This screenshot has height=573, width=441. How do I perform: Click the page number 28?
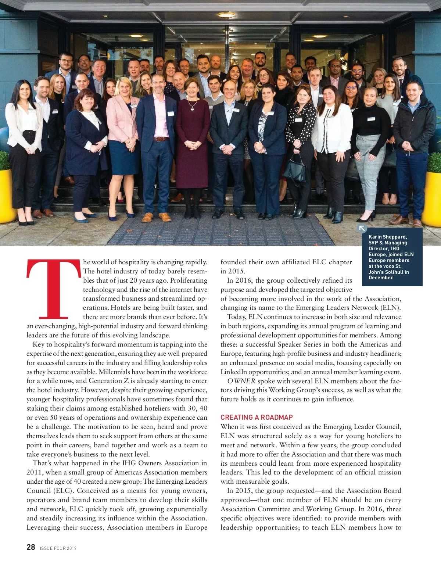click(x=31, y=547)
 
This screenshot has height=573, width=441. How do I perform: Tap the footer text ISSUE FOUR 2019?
click(x=58, y=548)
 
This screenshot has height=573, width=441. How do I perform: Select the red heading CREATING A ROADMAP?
click(x=257, y=417)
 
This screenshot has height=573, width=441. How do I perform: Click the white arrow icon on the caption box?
click(x=362, y=228)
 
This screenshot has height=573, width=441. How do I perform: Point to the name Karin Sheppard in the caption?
click(x=387, y=237)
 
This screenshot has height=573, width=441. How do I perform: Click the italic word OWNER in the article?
click(x=241, y=381)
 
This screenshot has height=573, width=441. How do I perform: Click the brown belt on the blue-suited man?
click(x=161, y=139)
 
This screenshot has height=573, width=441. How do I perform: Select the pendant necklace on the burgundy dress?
click(x=192, y=107)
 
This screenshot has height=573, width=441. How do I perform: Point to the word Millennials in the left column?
click(x=114, y=372)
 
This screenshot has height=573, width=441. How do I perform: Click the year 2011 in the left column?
click(x=34, y=472)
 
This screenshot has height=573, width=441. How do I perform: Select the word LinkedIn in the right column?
click(x=234, y=372)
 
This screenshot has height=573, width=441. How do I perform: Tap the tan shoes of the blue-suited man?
click(x=156, y=217)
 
